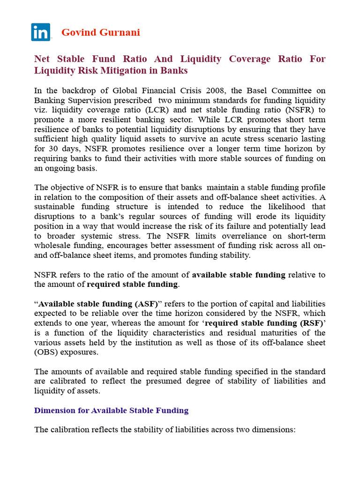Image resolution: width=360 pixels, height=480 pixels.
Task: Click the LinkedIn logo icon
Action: tap(41, 32)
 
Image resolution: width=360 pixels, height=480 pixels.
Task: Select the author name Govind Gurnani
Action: tap(101, 32)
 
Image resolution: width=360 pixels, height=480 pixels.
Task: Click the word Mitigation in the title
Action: tap(138, 71)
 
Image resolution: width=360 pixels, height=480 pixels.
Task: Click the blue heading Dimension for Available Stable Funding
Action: tap(111, 411)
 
